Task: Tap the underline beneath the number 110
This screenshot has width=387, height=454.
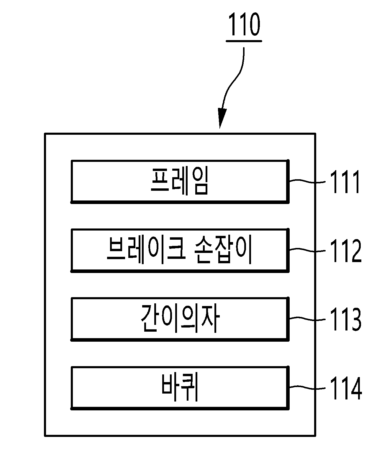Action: point(244,41)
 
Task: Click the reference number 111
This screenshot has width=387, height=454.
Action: point(345,182)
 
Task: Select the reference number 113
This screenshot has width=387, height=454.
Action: point(346,319)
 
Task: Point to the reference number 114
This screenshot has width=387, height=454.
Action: point(346,388)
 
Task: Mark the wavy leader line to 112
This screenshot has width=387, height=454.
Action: point(307,250)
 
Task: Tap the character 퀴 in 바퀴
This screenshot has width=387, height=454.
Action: point(189,388)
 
